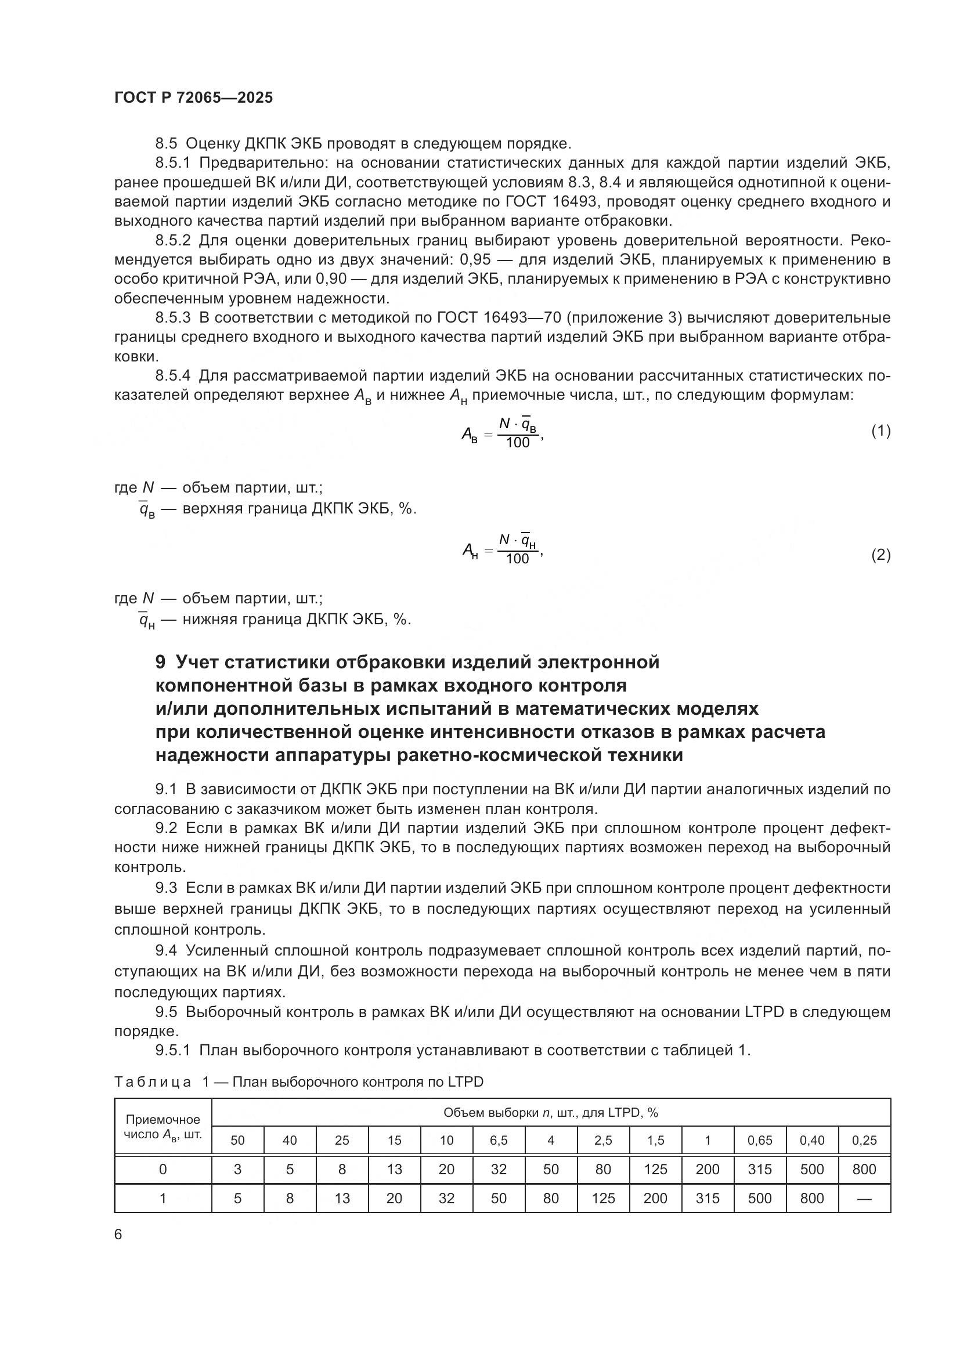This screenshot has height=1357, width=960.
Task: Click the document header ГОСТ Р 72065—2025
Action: point(193,97)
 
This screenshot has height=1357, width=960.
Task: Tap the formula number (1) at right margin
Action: point(880,431)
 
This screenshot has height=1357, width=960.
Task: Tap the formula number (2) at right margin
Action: point(880,555)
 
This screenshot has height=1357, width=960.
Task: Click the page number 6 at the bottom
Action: point(118,1234)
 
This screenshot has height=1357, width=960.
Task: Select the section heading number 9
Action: point(160,662)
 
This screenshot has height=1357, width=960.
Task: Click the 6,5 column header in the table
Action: point(499,1140)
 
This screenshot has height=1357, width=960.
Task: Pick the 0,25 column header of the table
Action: point(864,1140)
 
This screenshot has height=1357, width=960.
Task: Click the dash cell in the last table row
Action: point(864,1198)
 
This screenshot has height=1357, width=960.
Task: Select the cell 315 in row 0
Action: point(759,1169)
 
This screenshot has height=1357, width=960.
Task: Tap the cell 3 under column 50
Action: point(237,1169)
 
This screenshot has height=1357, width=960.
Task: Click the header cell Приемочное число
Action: point(163,1127)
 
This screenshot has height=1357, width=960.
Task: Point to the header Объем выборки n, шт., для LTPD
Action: point(550,1112)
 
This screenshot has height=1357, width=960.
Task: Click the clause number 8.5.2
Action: point(173,241)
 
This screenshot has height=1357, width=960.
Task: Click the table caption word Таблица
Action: point(153,1081)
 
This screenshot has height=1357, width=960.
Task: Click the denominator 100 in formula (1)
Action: point(518,443)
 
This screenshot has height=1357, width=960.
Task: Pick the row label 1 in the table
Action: point(163,1198)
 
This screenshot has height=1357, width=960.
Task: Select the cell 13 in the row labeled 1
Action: point(342,1198)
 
